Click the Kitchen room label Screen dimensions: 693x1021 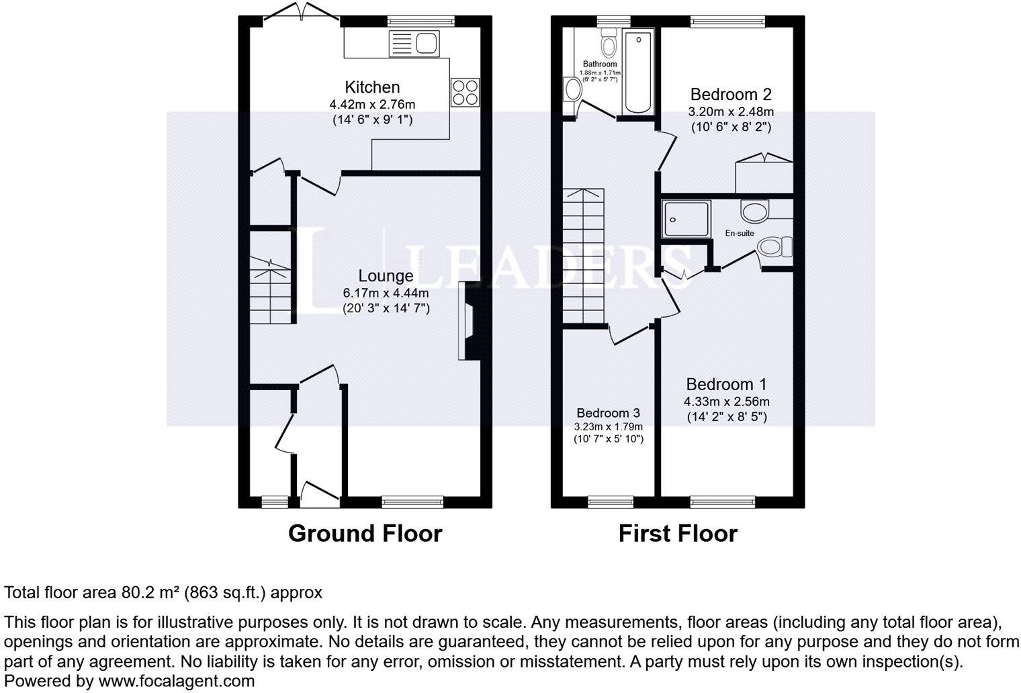(x=372, y=87)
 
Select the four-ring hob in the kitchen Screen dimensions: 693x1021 (x=465, y=92)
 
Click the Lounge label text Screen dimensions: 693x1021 (x=386, y=276)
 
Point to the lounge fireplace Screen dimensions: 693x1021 (x=468, y=322)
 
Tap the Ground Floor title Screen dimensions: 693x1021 (x=365, y=534)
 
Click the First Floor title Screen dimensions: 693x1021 (x=677, y=534)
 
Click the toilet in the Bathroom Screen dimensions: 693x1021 (x=609, y=44)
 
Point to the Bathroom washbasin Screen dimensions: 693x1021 (x=572, y=89)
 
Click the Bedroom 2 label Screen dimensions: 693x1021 (x=731, y=94)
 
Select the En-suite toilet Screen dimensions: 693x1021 (x=774, y=247)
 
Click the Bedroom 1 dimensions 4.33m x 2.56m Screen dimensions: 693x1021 (x=726, y=402)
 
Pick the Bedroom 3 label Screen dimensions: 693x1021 (x=607, y=413)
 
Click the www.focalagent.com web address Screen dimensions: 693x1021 (x=176, y=681)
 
